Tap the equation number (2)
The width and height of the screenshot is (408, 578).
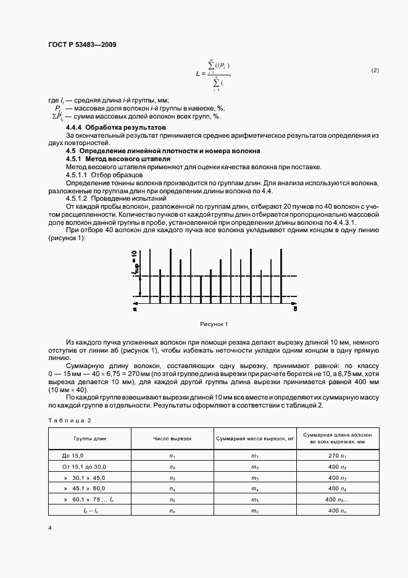(375, 70)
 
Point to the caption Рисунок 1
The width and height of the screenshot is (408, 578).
(214, 324)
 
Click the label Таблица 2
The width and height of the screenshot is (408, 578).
(69, 420)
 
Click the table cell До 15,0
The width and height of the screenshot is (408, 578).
(72, 456)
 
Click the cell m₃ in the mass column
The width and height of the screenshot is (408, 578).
(255, 478)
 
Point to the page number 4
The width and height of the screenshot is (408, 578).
(49, 529)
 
